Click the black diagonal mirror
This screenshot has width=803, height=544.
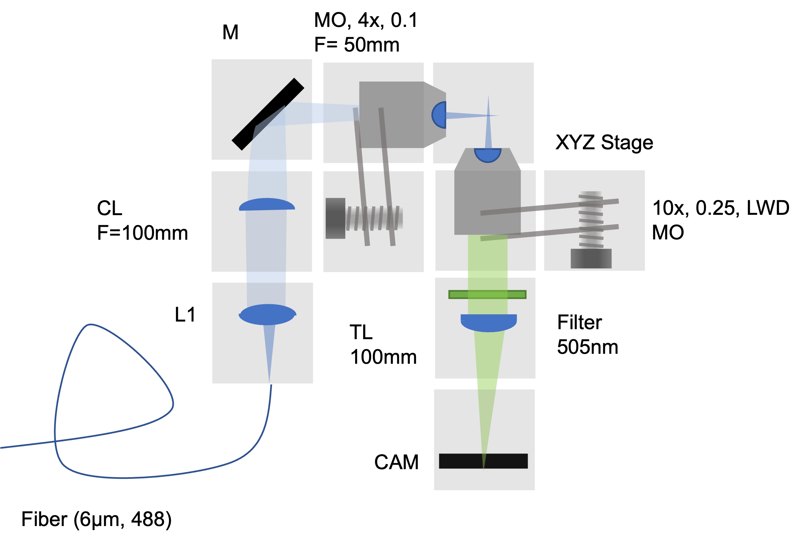268,114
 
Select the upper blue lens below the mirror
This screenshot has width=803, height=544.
267,204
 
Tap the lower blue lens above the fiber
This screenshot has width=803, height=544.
268,315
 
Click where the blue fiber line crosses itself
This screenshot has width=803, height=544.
56,441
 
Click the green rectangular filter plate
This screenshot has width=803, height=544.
487,295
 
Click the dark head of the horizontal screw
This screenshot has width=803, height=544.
335,218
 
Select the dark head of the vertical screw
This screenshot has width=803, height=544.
591,258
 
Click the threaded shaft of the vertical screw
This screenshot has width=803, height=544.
591,220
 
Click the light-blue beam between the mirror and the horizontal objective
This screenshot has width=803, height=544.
325,113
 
